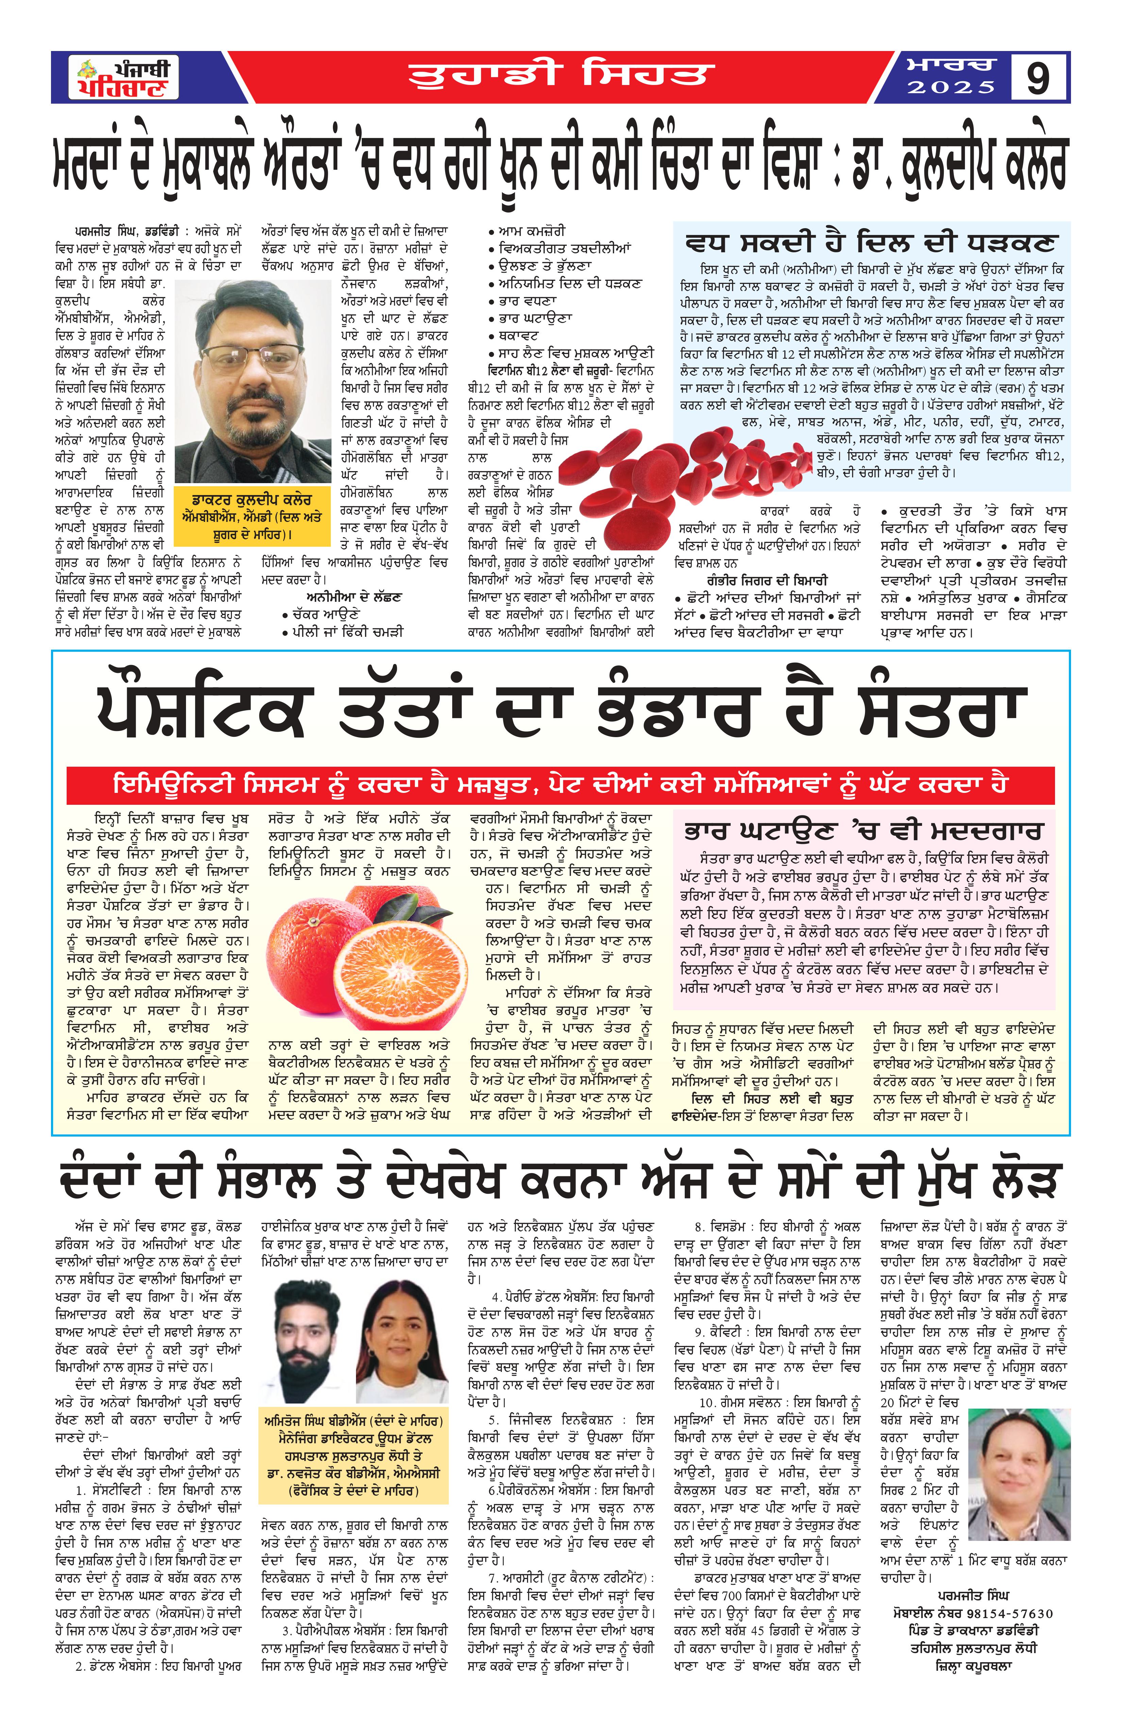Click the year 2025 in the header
[x=951, y=87]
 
